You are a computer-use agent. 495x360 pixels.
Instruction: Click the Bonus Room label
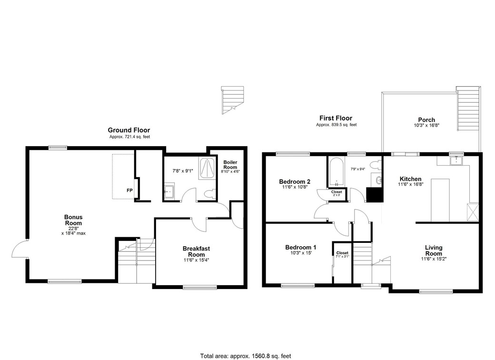73,220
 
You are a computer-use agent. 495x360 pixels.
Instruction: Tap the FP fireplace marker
129,190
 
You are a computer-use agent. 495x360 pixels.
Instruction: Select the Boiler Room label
230,165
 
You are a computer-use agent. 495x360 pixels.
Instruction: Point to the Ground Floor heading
129,130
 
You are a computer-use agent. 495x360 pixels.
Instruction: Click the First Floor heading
336,118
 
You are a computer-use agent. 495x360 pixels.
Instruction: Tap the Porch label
426,120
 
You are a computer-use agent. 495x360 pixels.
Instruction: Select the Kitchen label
410,179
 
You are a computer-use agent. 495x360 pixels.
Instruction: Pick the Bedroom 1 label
301,248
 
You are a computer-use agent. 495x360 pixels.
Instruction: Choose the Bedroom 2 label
295,181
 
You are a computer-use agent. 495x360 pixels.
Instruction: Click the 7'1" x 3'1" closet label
342,255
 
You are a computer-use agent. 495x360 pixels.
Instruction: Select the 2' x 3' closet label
337,193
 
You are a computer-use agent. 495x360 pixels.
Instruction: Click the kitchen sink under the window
456,160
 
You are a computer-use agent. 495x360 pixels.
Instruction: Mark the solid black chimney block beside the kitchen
375,194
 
